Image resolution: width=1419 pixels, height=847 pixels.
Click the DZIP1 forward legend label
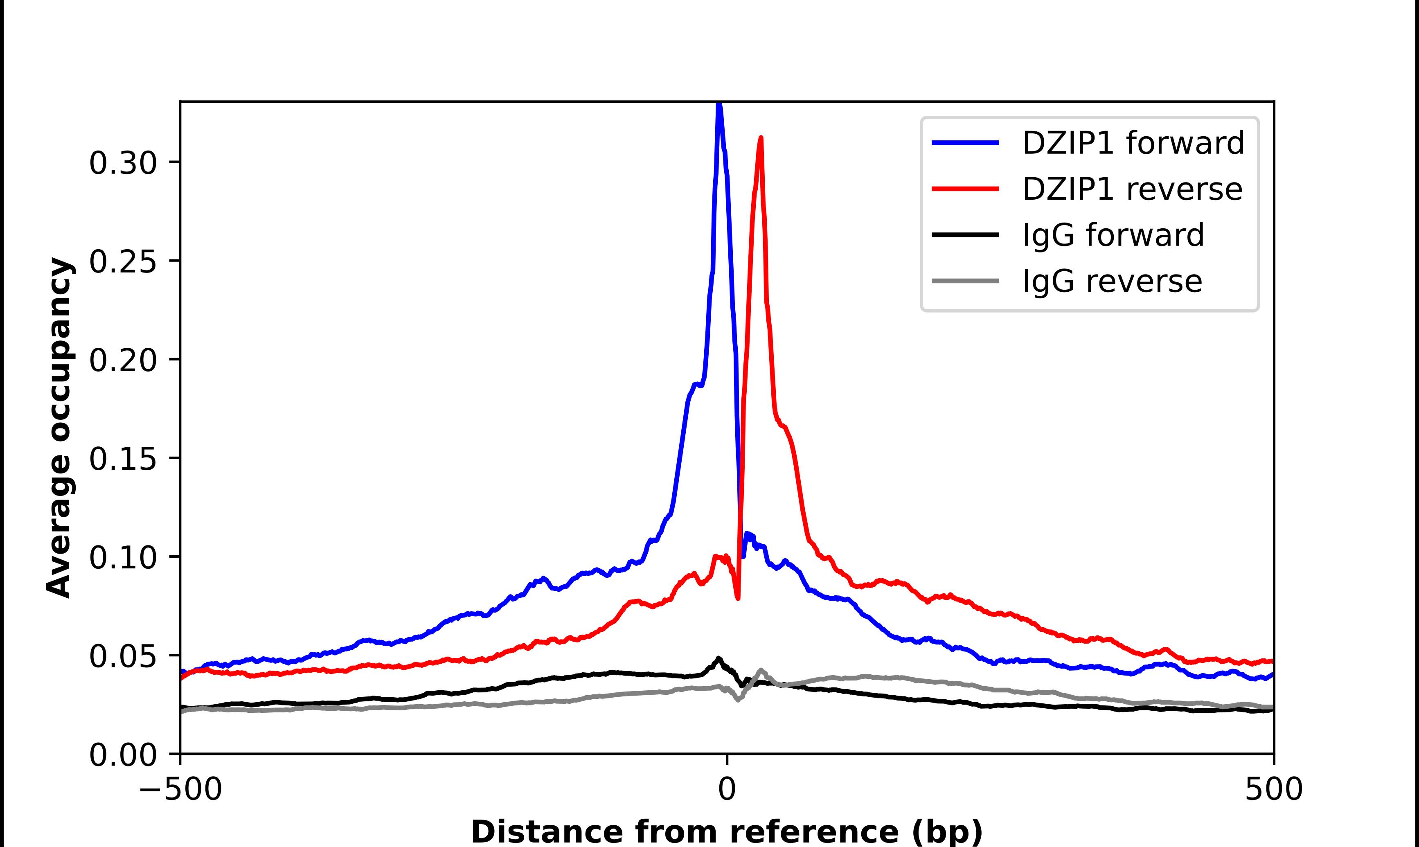click(x=1133, y=143)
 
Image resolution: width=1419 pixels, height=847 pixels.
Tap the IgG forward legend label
click(x=1113, y=235)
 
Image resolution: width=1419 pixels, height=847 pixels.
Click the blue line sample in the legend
click(x=965, y=143)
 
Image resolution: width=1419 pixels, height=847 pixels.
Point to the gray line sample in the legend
click(x=965, y=281)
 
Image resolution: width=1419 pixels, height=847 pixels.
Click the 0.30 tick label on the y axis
click(x=123, y=163)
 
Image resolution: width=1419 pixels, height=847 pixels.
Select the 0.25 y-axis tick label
click(x=123, y=262)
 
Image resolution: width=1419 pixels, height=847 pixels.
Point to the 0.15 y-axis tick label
click(x=123, y=459)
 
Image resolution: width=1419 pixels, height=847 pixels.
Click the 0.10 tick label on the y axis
click(x=123, y=558)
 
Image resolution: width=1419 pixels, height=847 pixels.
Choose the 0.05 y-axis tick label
click(x=123, y=656)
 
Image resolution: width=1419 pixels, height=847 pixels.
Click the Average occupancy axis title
click(x=59, y=428)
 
